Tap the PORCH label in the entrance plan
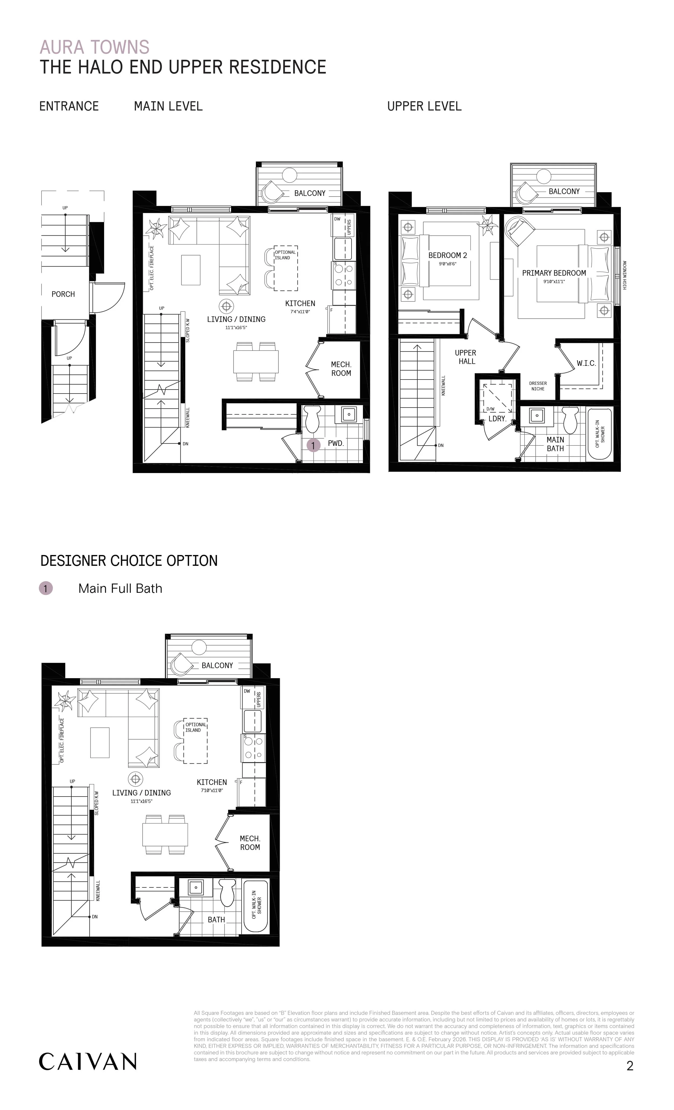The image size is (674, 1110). click(63, 294)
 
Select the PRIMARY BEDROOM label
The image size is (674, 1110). click(554, 273)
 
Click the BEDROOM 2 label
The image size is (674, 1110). click(447, 256)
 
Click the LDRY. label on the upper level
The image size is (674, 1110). click(497, 419)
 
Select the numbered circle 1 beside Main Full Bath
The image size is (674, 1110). click(46, 588)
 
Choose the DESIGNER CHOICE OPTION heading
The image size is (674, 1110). click(129, 561)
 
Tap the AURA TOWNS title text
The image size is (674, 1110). click(95, 47)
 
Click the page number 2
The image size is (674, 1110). click(630, 1066)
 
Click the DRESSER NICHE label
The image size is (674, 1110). click(538, 386)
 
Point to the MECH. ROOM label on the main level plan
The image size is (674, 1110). click(341, 369)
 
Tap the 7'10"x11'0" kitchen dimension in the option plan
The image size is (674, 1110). click(212, 790)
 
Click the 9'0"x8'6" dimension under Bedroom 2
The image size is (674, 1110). click(447, 264)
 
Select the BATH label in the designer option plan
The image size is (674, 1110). click(216, 919)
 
